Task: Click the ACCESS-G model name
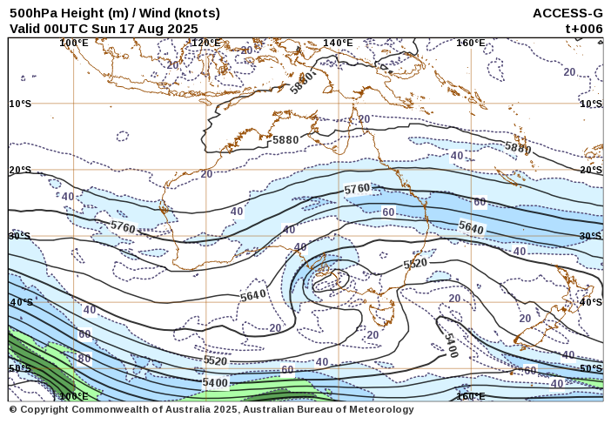click(567, 13)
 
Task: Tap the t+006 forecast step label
click(583, 28)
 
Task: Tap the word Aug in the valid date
click(155, 28)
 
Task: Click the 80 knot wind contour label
click(84, 358)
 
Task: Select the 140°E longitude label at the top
click(338, 43)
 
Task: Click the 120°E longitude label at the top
click(205, 43)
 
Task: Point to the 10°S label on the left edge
click(20, 104)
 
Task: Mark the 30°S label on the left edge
click(20, 236)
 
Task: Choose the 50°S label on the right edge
click(591, 368)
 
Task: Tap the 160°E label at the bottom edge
click(470, 396)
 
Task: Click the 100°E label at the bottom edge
click(74, 396)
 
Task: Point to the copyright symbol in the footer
click(13, 409)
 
